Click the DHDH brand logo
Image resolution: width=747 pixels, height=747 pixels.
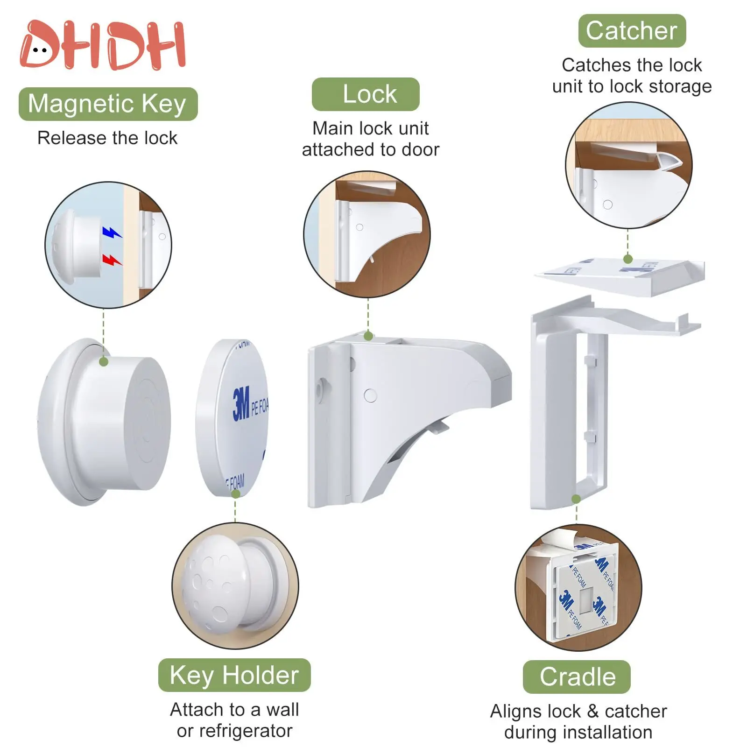pyautogui.click(x=103, y=45)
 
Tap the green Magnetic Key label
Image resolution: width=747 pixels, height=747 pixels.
pyautogui.click(x=108, y=104)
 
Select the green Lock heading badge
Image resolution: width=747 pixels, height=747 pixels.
pyautogui.click(x=366, y=94)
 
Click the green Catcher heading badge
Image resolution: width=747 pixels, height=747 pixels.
pyautogui.click(x=632, y=31)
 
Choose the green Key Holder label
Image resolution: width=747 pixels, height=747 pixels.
pyautogui.click(x=234, y=675)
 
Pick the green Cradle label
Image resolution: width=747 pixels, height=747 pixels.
pyautogui.click(x=577, y=677)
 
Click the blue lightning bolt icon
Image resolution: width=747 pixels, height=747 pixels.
pyautogui.click(x=111, y=232)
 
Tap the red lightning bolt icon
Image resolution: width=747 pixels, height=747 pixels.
pyautogui.click(x=111, y=260)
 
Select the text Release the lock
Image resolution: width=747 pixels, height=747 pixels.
pyautogui.click(x=107, y=138)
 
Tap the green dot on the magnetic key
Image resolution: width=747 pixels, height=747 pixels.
pyautogui.click(x=104, y=361)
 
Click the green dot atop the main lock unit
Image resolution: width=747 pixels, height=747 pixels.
pyautogui.click(x=368, y=336)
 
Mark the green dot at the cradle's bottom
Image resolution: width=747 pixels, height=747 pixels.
pyautogui.click(x=576, y=499)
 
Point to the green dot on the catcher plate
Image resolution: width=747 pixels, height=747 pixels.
pyautogui.click(x=628, y=259)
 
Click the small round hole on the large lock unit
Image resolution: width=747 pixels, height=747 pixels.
pyautogui.click(x=370, y=395)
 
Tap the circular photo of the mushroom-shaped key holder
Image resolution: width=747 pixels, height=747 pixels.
pyautogui.click(x=235, y=586)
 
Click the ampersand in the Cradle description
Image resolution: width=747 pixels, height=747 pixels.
pyautogui.click(x=592, y=711)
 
